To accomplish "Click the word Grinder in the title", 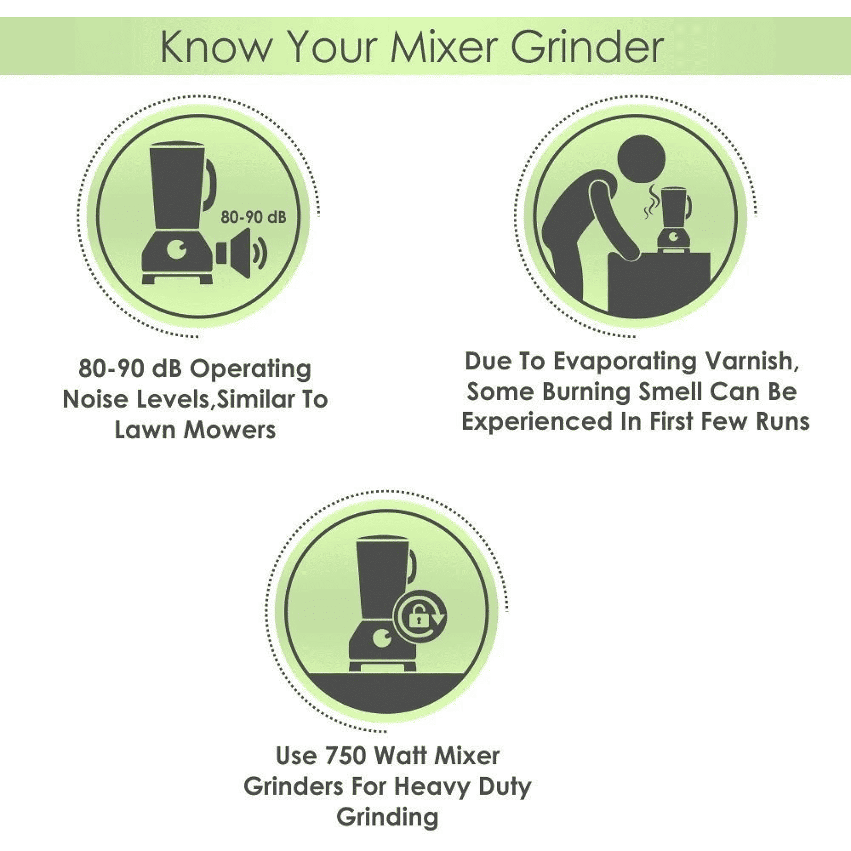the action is point(587,47).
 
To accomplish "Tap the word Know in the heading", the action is point(215,47).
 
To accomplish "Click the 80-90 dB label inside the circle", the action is point(253,217).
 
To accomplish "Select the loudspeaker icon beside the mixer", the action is point(240,253).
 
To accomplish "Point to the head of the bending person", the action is point(641,159).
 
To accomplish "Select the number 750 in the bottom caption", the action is point(346,756).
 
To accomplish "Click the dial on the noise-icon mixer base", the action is point(178,250).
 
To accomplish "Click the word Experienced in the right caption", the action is point(537,422).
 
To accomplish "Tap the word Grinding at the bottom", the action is point(388,817).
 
